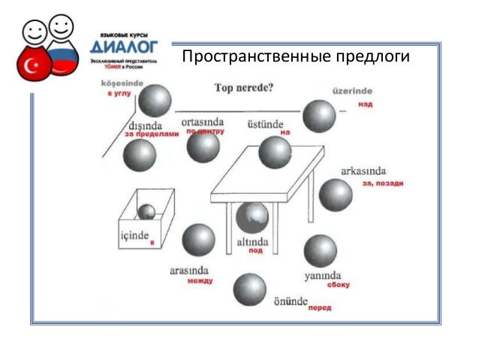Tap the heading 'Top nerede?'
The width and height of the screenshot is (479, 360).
pyautogui.click(x=244, y=87)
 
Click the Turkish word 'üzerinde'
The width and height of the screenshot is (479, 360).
pyautogui.click(x=353, y=92)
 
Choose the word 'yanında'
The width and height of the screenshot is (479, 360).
pyautogui.click(x=323, y=275)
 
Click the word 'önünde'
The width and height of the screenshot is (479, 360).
pyautogui.click(x=291, y=300)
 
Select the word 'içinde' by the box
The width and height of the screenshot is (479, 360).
pyautogui.click(x=135, y=237)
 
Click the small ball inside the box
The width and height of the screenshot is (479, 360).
pyautogui.click(x=147, y=211)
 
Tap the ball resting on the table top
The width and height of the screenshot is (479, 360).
pyautogui.click(x=275, y=152)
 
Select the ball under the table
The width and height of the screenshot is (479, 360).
pyautogui.click(x=252, y=217)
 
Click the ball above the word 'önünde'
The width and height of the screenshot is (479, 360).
pyautogui.click(x=249, y=289)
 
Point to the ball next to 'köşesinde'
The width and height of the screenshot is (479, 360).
pyautogui.click(x=157, y=100)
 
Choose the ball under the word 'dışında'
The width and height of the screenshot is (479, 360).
pyautogui.click(x=140, y=155)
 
